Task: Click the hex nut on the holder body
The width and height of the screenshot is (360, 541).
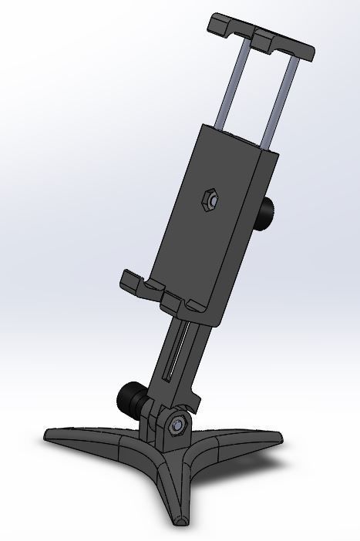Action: tap(207, 199)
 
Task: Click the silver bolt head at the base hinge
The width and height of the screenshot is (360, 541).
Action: tap(178, 425)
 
